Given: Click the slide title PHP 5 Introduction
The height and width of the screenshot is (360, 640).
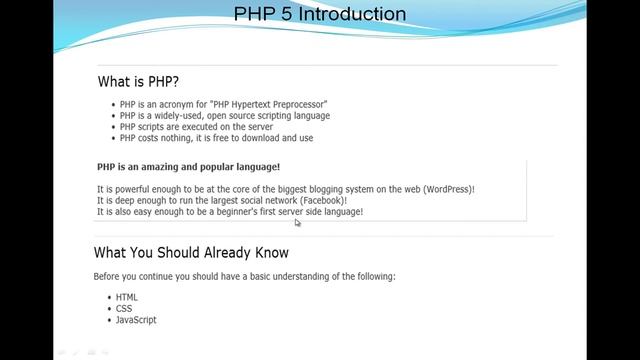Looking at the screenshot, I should [x=320, y=14].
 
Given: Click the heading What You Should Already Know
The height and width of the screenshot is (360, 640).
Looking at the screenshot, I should [x=191, y=252].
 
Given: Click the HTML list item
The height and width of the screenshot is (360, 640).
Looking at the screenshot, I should [x=126, y=297].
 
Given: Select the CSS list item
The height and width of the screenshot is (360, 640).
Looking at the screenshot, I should [x=124, y=308].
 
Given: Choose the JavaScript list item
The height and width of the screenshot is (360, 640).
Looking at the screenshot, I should [x=136, y=320].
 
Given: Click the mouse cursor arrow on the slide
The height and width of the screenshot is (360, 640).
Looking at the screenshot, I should [x=297, y=222].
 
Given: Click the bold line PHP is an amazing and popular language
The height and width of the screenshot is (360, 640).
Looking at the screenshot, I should [x=188, y=167].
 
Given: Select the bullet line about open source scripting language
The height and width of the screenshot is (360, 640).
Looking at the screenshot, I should [x=224, y=115].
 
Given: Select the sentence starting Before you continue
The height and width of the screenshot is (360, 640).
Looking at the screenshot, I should [x=244, y=276].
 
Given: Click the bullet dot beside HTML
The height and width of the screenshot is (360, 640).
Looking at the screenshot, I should [x=108, y=298].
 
